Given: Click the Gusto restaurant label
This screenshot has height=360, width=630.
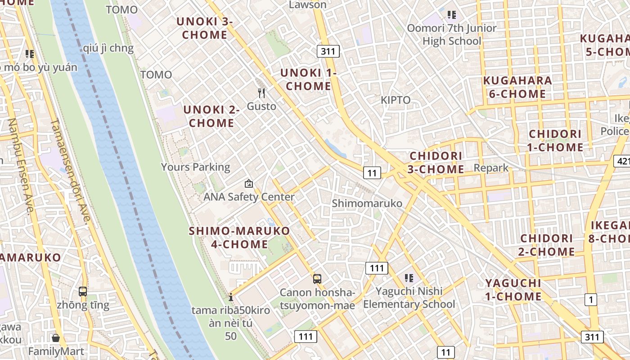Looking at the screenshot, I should (x=261, y=107).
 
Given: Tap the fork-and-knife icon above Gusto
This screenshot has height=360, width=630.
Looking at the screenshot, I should (x=261, y=93).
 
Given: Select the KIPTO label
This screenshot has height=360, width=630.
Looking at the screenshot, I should (x=396, y=100).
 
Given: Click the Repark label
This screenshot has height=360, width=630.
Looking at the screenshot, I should (x=491, y=168).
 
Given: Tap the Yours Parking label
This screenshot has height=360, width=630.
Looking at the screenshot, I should (x=196, y=167).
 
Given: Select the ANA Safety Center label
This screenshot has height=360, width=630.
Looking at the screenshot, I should (x=249, y=197).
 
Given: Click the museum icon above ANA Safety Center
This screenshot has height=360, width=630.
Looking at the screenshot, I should (x=248, y=184).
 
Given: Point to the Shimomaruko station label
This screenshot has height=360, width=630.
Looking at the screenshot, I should (x=367, y=203).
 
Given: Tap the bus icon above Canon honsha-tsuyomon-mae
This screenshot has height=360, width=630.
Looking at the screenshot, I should (x=317, y=279).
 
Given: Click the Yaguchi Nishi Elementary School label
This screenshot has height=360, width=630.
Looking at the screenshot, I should (x=409, y=297).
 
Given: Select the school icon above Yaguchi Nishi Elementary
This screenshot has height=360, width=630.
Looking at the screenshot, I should (x=409, y=278).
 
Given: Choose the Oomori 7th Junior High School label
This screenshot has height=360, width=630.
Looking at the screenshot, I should (x=451, y=35).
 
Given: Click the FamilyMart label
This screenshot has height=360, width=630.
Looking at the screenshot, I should (x=56, y=351).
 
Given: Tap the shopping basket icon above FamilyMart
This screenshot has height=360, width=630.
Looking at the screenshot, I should (x=56, y=337).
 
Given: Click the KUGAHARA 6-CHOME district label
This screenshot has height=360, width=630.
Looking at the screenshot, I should (x=517, y=87).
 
